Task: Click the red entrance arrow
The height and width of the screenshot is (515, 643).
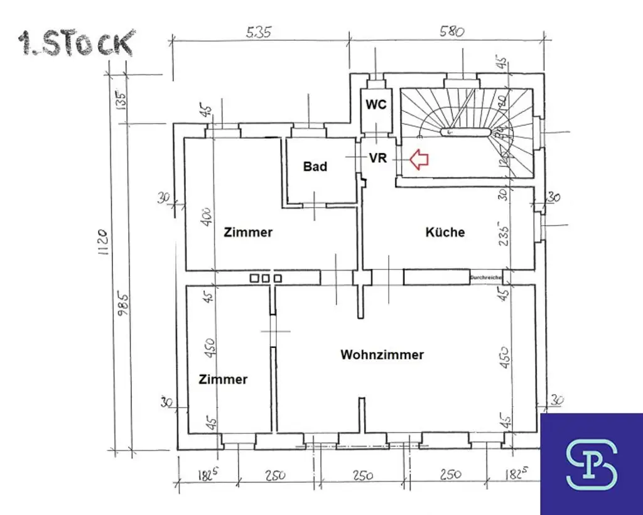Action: tap(419, 160)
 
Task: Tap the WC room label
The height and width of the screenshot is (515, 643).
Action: tap(376, 104)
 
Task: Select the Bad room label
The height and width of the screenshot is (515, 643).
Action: tap(315, 166)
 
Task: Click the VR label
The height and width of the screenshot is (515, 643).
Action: tap(378, 158)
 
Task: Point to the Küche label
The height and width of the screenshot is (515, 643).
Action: tap(445, 232)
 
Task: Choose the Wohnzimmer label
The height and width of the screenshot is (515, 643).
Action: tap(382, 355)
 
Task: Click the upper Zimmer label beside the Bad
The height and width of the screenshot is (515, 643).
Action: tap(249, 232)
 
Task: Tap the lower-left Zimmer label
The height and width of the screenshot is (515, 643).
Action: tap(223, 379)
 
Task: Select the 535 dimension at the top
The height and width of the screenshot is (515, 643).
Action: tap(259, 33)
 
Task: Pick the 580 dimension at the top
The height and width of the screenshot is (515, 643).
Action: tap(451, 31)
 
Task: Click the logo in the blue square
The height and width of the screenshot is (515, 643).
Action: tap(592, 464)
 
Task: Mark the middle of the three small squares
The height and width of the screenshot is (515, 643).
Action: tap(266, 278)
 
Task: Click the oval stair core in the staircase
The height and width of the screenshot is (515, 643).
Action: tap(465, 132)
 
